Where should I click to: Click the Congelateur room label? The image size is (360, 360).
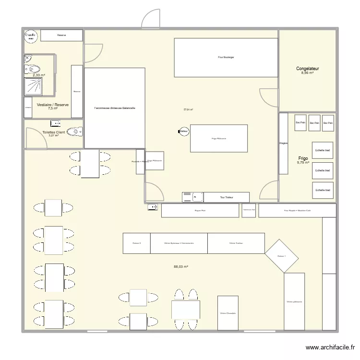pyautogui.click(x=307, y=69)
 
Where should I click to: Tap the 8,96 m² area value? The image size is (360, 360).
pyautogui.click(x=307, y=73)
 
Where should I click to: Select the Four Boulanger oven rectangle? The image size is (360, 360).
pyautogui.click(x=226, y=58)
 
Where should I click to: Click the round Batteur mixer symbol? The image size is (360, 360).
pyautogui.click(x=183, y=131)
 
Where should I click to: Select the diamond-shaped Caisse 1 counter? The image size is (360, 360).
pyautogui.click(x=282, y=256)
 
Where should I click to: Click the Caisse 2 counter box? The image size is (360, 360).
pyautogui.click(x=137, y=243)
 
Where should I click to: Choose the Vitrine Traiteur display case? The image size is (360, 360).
pyautogui.click(x=236, y=243)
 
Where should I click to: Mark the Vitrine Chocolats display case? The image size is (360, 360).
pyautogui.click(x=228, y=313)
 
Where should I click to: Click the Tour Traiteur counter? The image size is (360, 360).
pyautogui.click(x=227, y=197)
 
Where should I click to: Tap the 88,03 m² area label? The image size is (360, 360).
pyautogui.click(x=181, y=267)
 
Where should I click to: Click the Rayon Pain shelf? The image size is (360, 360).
pyautogui.click(x=200, y=210)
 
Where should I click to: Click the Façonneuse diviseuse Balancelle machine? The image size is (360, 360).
pyautogui.click(x=115, y=108)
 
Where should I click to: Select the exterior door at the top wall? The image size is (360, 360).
pyautogui.click(x=151, y=19)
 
